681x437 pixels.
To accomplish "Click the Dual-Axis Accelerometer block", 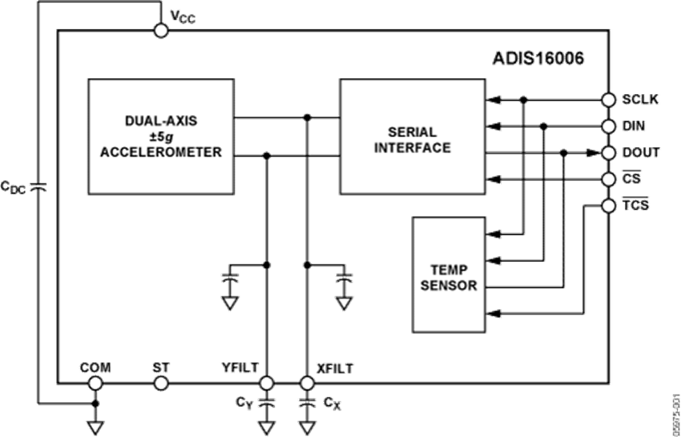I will tap(160, 136).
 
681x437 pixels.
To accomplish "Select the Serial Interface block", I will tap(411, 136).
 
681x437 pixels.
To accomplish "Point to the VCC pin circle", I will tap(160, 30).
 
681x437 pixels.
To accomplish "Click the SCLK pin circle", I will tap(609, 99).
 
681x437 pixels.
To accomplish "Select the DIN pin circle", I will tap(609, 126).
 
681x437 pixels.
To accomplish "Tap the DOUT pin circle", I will tap(609, 153).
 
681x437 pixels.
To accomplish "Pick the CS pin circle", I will tap(609, 179).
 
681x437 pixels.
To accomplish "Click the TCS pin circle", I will tap(609, 205).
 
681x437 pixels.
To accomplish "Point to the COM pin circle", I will tap(95, 383).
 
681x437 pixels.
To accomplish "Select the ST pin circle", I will tap(160, 383).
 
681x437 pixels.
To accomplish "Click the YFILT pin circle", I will tap(266, 383).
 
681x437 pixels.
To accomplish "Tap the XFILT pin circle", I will tap(306, 383).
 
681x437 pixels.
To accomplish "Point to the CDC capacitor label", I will tap(14, 185).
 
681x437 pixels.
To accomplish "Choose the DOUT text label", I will tap(639, 153).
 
